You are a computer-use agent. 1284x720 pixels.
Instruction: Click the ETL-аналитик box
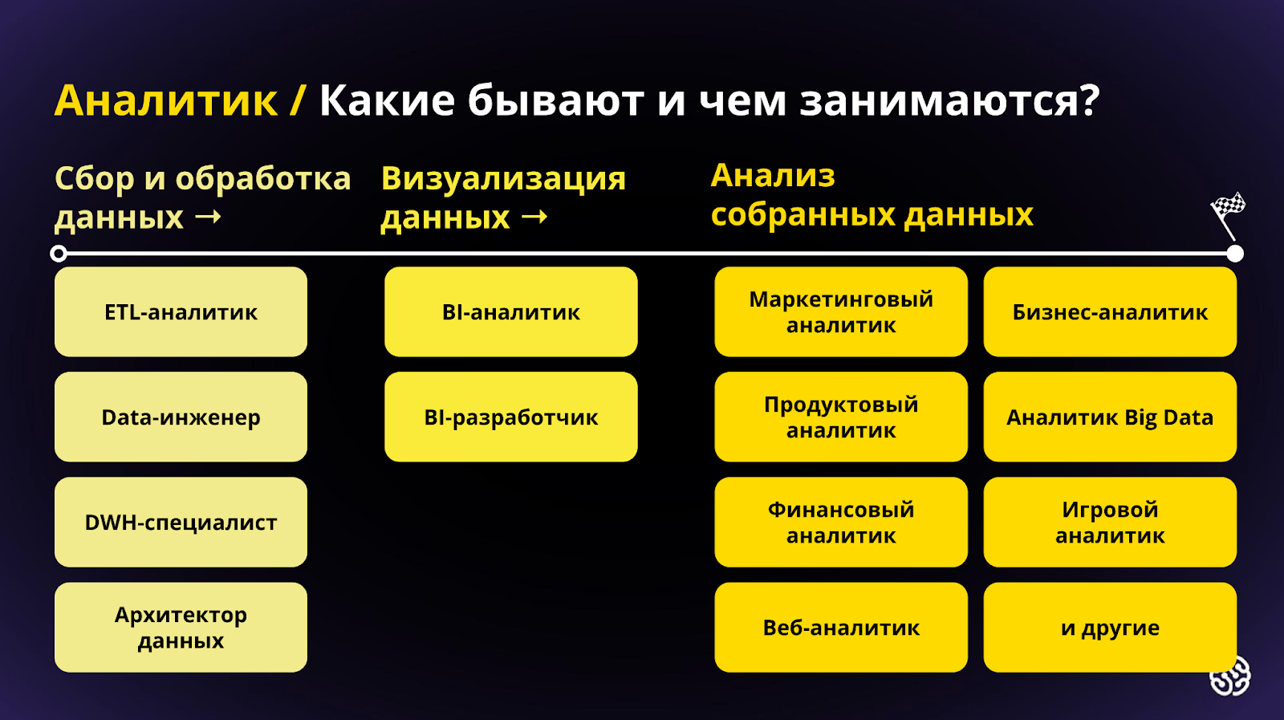click(x=181, y=312)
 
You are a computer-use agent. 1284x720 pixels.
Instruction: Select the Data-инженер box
click(x=181, y=417)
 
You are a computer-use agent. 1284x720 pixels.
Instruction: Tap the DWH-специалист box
click(x=181, y=523)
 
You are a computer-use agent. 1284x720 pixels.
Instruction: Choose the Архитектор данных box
click(x=181, y=627)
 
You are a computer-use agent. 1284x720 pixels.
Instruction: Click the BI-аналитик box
click(x=510, y=312)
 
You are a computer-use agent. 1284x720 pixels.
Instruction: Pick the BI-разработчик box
click(x=510, y=417)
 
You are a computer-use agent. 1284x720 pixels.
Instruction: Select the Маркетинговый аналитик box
click(x=841, y=312)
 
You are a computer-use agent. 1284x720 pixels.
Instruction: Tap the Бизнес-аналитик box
click(x=1110, y=312)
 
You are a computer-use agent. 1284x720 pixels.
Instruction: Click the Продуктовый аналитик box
click(x=841, y=417)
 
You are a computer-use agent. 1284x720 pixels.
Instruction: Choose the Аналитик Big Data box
click(x=1110, y=417)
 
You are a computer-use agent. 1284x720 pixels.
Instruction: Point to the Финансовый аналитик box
click(x=841, y=523)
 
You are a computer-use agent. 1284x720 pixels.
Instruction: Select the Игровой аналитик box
click(x=1110, y=523)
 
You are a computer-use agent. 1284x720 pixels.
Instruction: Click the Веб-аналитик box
click(x=841, y=627)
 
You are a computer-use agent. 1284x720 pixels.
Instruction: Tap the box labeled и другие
click(x=1110, y=627)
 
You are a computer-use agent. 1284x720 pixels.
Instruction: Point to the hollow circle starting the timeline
click(x=59, y=254)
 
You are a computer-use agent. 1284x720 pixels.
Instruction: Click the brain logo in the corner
click(x=1230, y=677)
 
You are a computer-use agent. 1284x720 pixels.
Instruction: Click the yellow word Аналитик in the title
click(x=166, y=101)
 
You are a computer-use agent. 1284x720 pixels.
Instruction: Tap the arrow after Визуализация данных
click(x=534, y=218)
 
